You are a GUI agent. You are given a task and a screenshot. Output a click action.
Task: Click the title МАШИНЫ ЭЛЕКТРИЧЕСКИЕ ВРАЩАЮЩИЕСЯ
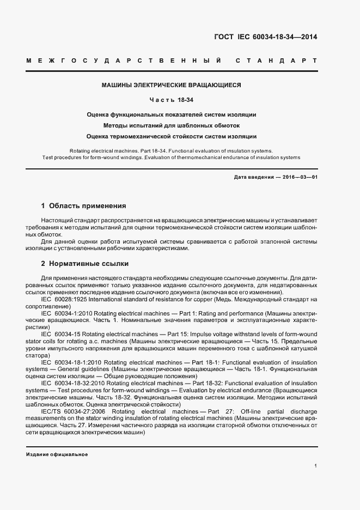172,86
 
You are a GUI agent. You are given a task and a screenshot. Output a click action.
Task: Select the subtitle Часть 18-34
172,100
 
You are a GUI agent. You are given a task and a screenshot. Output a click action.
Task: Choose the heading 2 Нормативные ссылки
85,264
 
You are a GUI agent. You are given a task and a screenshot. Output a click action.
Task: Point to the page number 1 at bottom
315,465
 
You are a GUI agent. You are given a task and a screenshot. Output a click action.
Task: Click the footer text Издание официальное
57,454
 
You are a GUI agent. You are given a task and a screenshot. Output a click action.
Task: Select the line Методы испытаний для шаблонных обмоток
172,126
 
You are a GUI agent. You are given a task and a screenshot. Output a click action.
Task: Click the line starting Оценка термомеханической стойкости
172,137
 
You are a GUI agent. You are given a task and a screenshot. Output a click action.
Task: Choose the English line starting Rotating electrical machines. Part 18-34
172,150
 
